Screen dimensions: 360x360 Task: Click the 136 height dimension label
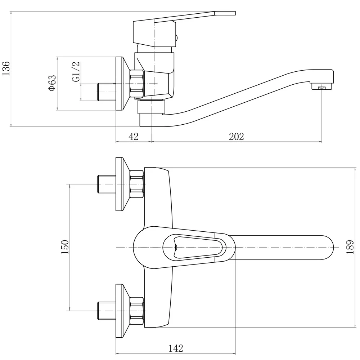click(6, 68)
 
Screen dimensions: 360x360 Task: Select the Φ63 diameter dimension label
click(52, 83)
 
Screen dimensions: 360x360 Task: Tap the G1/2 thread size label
click(76, 71)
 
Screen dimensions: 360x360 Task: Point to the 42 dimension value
click(134, 137)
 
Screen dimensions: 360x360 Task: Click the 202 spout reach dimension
click(236, 137)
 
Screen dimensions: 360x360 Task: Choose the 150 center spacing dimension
click(65, 247)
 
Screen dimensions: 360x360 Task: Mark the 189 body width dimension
click(350, 247)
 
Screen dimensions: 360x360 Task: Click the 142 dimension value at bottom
click(176, 348)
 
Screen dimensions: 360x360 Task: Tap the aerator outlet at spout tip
click(322, 86)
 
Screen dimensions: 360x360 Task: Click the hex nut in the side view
click(137, 83)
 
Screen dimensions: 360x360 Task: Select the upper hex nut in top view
click(137, 184)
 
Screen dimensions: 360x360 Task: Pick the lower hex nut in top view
click(137, 311)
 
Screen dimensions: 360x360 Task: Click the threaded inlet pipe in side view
click(107, 92)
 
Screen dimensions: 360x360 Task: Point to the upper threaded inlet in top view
click(107, 184)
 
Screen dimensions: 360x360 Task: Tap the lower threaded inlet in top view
click(107, 311)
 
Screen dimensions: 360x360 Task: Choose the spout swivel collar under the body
click(151, 106)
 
